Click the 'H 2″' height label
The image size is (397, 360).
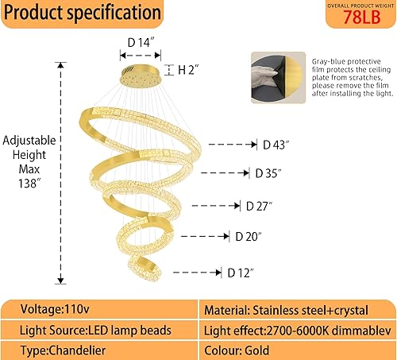tap(187, 70)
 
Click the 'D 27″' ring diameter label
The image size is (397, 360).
tap(259, 205)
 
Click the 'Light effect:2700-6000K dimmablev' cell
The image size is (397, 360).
tap(295, 329)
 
